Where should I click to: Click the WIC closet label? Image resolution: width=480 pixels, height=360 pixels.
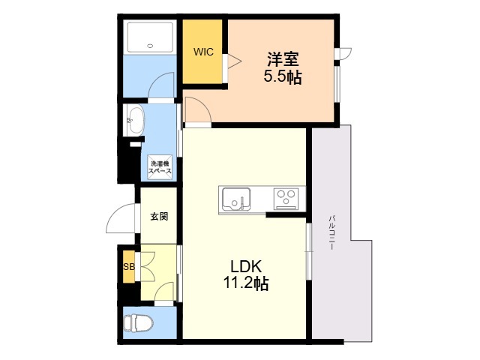click(203, 52)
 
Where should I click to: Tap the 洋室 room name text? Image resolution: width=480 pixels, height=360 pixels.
click(283, 59)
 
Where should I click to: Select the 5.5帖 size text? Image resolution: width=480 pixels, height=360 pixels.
click(283, 76)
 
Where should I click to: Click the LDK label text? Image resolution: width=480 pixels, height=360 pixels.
click(246, 267)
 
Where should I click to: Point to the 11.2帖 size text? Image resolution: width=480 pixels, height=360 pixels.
click(246, 283)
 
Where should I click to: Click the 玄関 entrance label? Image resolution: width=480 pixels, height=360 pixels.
click(159, 217)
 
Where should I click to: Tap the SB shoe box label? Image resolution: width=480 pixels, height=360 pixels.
click(129, 267)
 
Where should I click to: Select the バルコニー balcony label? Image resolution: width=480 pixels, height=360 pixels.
click(332, 232)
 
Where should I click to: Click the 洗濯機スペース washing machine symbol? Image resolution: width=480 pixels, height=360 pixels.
click(160, 167)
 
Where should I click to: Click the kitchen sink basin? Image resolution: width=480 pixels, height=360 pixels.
click(236, 199)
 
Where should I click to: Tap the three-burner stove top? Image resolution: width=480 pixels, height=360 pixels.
click(286, 198)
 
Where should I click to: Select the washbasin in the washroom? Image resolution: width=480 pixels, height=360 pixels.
click(134, 120)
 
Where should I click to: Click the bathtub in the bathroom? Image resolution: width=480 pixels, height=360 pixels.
click(150, 37)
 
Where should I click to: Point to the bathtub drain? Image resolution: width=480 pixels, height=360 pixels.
click(150, 46)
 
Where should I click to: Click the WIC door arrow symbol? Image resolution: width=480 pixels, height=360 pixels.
click(235, 61)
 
